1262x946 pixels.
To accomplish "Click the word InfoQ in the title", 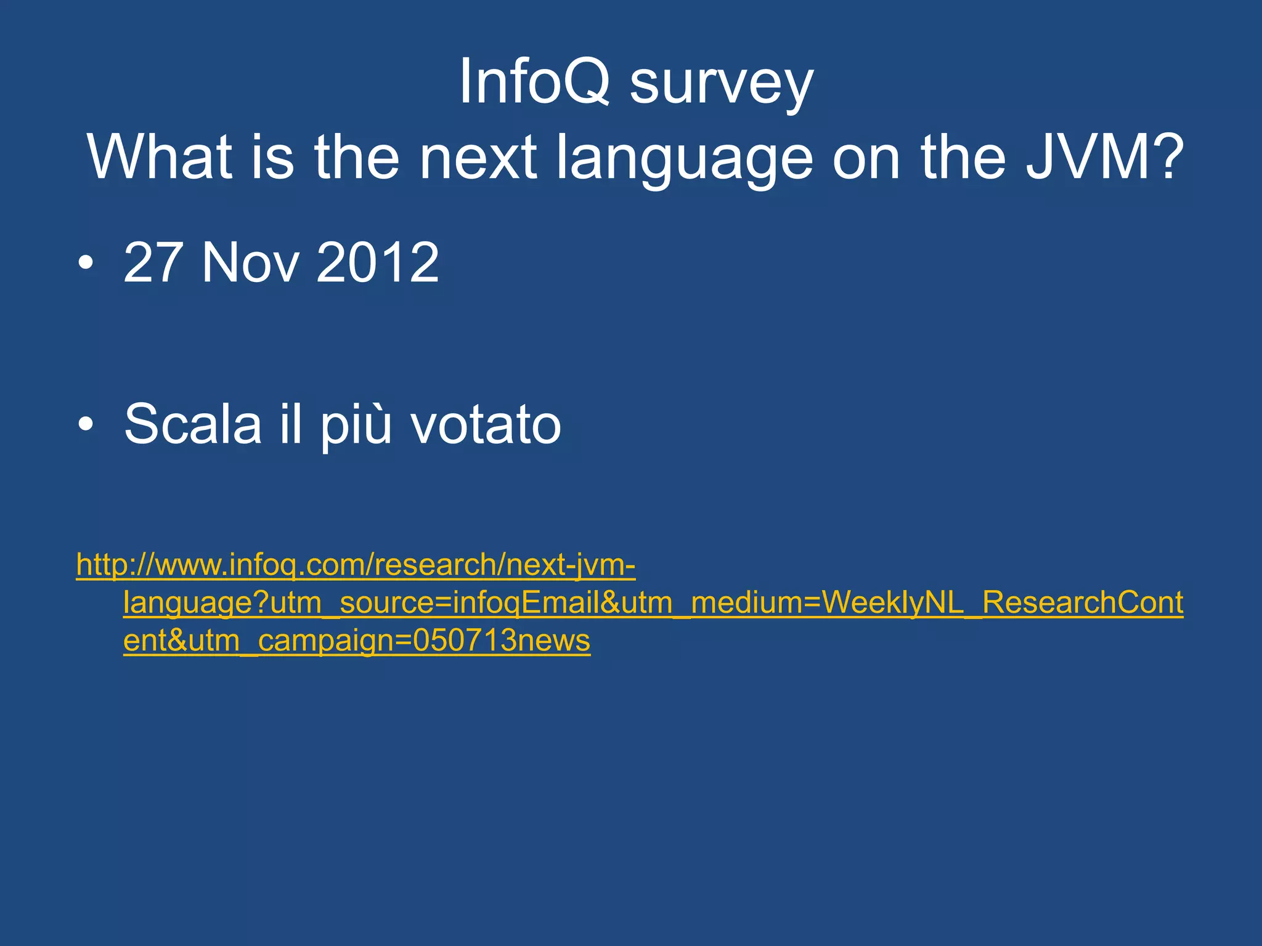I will pyautogui.click(x=534, y=82).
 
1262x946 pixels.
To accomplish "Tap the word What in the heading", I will pyautogui.click(x=160, y=157).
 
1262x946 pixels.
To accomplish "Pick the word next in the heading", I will pyautogui.click(x=478, y=158).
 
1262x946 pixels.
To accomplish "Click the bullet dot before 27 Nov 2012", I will pyautogui.click(x=86, y=264).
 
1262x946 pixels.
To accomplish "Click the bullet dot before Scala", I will pyautogui.click(x=86, y=424).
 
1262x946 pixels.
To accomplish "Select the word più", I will pyautogui.click(x=356, y=425).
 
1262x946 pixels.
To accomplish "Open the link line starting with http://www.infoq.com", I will pyautogui.click(x=356, y=565).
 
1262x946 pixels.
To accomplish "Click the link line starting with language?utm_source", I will pyautogui.click(x=653, y=603).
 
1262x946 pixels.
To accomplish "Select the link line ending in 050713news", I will pyautogui.click(x=357, y=641).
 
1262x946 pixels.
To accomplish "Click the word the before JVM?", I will pyautogui.click(x=964, y=157).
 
